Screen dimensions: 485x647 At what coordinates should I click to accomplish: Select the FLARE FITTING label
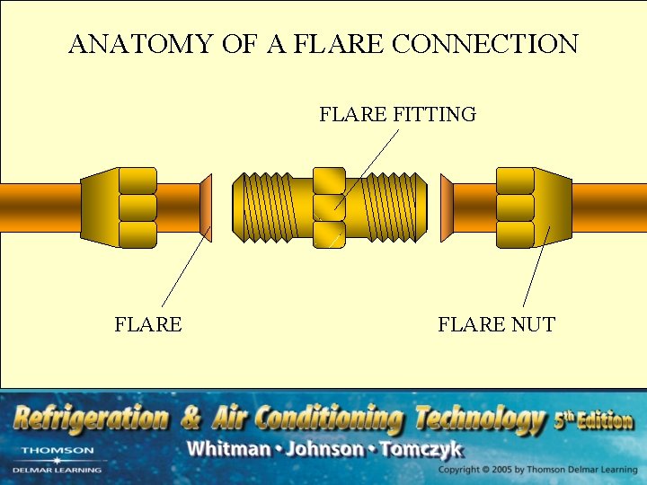[397, 115]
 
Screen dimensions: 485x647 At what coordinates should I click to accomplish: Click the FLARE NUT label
[496, 324]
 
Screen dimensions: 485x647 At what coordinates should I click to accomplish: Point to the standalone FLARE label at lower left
[148, 324]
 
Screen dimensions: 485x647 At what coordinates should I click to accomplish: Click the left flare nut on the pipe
[119, 207]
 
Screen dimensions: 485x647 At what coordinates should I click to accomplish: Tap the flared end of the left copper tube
[206, 207]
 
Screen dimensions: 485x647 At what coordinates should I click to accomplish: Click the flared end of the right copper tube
[447, 207]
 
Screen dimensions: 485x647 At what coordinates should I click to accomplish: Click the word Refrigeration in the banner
[90, 419]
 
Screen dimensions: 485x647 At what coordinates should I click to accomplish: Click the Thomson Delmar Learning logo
[58, 459]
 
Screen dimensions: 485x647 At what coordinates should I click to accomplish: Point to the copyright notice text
[537, 470]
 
